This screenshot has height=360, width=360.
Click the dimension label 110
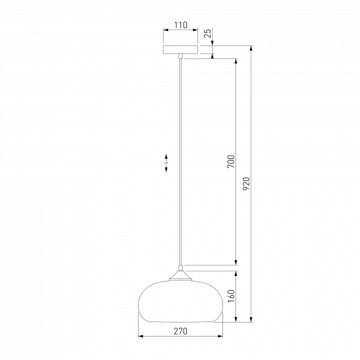pos(180,25)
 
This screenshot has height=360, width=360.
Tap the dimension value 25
pos(207,33)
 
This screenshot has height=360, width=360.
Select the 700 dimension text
pos(231,161)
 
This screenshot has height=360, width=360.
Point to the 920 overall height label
pos(246,183)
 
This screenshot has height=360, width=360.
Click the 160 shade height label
pos(231,296)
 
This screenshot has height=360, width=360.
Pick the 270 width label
pos(180,331)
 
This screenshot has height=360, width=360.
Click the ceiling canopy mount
pos(180,49)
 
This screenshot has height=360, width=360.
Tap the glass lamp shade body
pos(180,301)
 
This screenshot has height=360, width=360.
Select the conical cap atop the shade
pos(180,275)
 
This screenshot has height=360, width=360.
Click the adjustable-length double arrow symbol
pos(166,163)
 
